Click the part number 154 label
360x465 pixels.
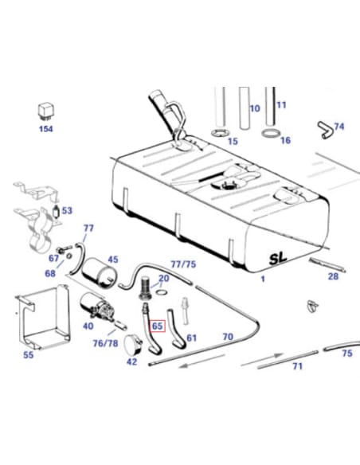click(45, 129)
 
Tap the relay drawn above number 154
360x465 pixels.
click(45, 111)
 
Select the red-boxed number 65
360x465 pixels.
click(157, 326)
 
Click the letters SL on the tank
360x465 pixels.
click(278, 258)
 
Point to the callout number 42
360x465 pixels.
click(131, 361)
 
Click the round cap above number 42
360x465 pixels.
click(133, 345)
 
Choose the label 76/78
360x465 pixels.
click(105, 343)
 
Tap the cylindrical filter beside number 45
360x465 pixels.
click(99, 272)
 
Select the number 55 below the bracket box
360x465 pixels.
click(28, 354)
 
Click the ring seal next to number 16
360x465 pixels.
click(271, 133)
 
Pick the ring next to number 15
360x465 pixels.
click(221, 132)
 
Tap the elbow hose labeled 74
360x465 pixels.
click(326, 131)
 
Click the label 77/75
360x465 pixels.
click(183, 264)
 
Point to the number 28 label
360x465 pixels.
click(333, 276)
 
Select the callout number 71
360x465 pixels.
click(297, 366)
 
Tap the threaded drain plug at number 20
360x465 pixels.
click(145, 287)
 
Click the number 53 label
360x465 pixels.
click(67, 210)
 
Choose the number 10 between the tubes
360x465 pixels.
click(255, 108)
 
